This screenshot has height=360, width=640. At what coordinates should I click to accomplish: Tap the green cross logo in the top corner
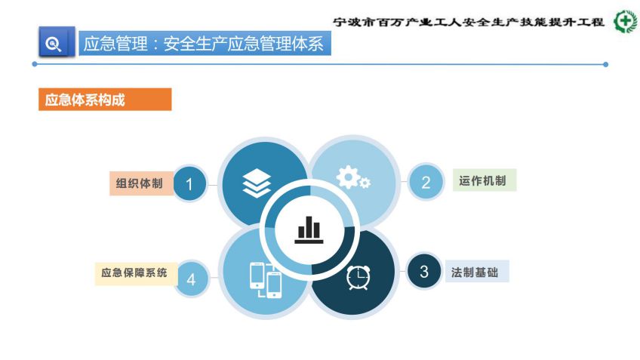[626, 21]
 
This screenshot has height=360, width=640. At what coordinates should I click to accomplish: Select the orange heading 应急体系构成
[85, 100]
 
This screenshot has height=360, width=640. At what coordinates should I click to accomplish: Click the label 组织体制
[139, 183]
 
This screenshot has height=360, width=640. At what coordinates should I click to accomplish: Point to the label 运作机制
[482, 180]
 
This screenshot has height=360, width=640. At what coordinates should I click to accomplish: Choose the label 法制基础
[475, 272]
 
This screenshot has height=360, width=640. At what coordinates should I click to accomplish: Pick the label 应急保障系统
[134, 272]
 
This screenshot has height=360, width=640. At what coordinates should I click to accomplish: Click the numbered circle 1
[189, 184]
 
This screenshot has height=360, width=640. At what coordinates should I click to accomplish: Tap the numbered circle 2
[426, 182]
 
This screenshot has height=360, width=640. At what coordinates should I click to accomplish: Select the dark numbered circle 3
[424, 271]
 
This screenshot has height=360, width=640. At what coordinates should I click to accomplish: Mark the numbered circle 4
[192, 279]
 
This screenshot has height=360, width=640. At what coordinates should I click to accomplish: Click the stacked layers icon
[257, 183]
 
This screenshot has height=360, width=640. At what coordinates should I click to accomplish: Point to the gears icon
[353, 177]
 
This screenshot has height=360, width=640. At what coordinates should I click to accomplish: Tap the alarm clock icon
[358, 277]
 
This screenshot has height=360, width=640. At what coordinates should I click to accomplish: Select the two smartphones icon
[266, 280]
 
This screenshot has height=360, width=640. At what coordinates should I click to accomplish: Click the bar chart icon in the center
[309, 229]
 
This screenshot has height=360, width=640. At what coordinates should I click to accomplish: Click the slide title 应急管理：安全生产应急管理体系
[204, 44]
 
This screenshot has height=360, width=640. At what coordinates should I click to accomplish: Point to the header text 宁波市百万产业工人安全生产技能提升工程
[468, 22]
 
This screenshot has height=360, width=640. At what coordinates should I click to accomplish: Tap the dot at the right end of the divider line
[606, 64]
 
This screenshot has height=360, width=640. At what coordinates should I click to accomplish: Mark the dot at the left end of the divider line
[35, 64]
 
